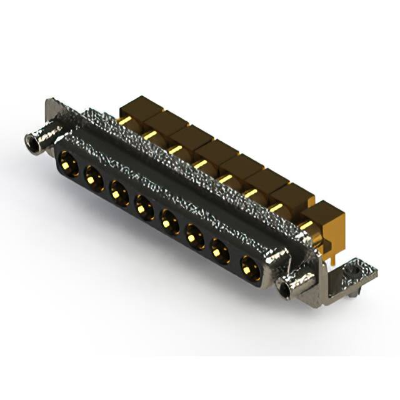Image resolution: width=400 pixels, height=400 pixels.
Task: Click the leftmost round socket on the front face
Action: [68, 164]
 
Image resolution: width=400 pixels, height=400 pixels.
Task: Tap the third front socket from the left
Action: [119, 190]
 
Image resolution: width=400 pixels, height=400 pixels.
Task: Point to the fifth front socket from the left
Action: [169, 218]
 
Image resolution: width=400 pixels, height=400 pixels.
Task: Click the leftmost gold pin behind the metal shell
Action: [124, 120]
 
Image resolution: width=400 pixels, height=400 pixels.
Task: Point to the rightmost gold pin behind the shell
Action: [306, 224]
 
